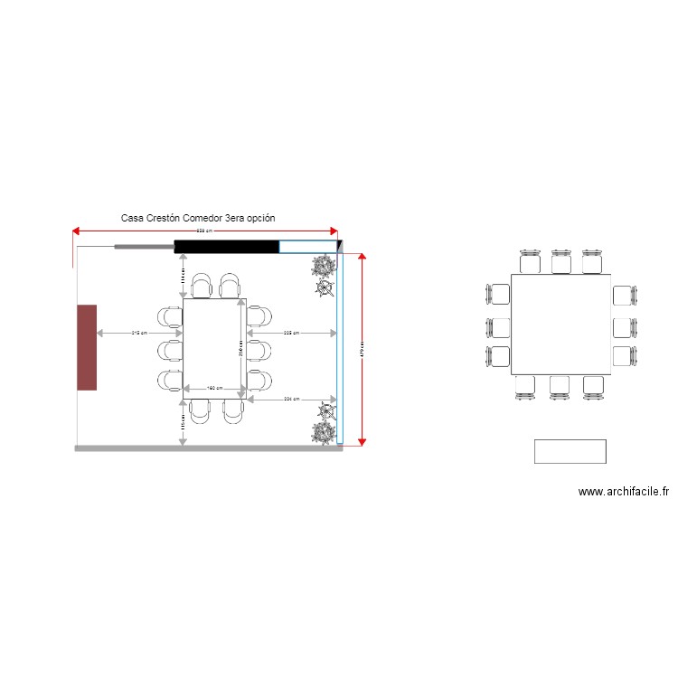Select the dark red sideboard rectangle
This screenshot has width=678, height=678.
[x=87, y=347]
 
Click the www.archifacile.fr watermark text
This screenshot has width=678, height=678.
[x=623, y=492]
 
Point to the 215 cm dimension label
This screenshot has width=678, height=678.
[x=139, y=334]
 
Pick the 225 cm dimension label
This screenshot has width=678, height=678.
[x=291, y=334]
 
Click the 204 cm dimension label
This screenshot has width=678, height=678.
[x=291, y=399]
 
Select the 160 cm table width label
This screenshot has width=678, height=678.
[x=214, y=389]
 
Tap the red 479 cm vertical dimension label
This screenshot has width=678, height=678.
[x=363, y=349]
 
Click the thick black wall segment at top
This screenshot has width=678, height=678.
[x=226, y=247]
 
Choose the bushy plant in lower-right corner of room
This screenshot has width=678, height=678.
[x=323, y=432]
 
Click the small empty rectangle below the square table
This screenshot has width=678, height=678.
[x=570, y=451]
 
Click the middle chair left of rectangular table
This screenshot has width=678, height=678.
[x=170, y=349]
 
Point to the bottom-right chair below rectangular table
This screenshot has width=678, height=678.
[x=232, y=410]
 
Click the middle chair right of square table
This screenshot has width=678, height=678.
[x=626, y=326]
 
